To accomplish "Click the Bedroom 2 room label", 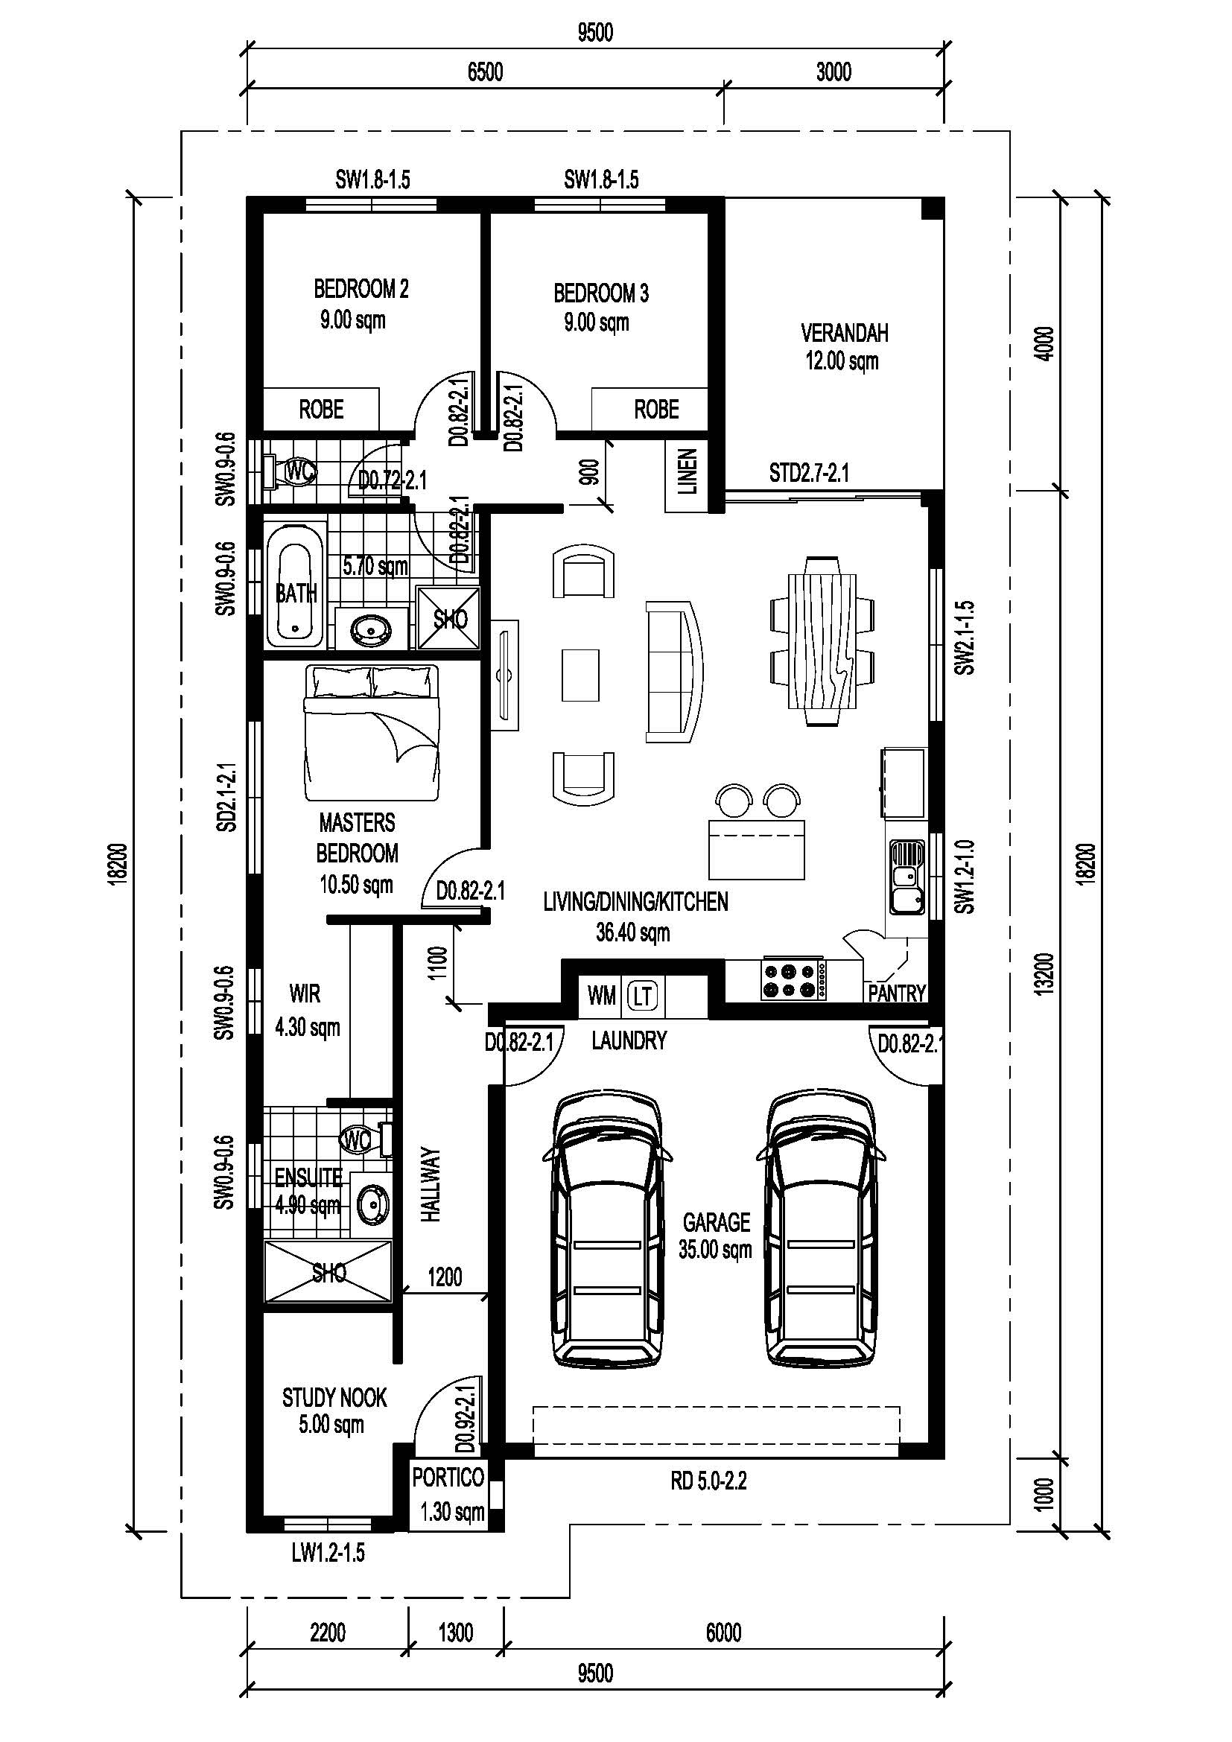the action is coord(361,289).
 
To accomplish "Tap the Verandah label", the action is coord(845,333).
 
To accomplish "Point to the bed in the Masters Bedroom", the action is coord(372,732).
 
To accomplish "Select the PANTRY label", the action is coord(897,994).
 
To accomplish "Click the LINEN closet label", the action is coord(688,472).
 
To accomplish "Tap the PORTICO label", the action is coord(448,1477).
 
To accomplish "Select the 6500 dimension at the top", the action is coord(486,72).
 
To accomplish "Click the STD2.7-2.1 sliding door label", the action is coord(809,474).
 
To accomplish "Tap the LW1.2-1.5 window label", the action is coord(328,1552).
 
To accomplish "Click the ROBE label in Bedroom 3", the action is coord(656,410).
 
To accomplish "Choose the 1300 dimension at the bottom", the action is coord(455,1632).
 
